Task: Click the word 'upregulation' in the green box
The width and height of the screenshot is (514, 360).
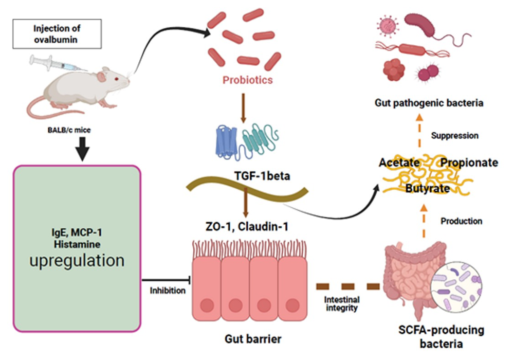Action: coord(77,260)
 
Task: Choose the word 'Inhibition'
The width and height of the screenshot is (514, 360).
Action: coord(167,291)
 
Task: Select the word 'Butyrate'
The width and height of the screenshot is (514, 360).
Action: coord(428,189)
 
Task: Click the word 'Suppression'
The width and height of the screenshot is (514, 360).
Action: coord(455,136)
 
